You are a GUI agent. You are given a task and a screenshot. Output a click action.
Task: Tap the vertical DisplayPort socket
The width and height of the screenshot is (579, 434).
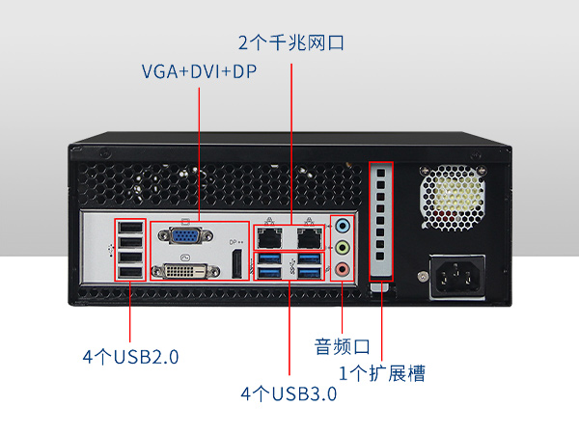235,261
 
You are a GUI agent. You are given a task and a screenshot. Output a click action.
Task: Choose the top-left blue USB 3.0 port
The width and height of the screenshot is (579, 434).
271,258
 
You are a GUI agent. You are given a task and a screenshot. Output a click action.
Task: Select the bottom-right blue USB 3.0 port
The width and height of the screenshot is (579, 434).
308,274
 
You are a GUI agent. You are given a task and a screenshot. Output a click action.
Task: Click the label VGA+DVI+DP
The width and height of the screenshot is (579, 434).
199,71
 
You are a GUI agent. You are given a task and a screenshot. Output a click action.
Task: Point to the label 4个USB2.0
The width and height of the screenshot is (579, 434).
131,357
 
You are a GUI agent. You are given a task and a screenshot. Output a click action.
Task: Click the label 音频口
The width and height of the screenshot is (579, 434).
343,345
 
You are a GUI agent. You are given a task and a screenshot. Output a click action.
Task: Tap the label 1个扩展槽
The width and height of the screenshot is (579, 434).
381,373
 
